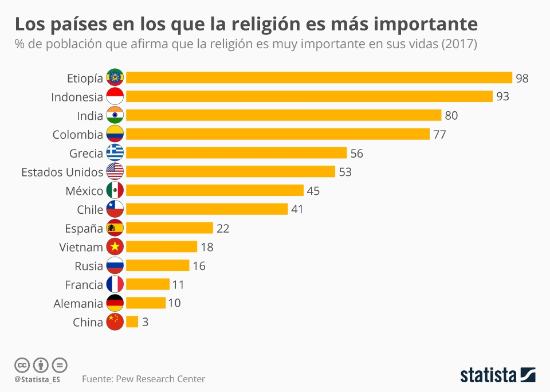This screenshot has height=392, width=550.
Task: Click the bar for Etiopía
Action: coord(319,78)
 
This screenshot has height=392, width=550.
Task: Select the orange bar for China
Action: coord(132,322)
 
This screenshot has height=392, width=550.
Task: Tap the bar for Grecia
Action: coord(236,153)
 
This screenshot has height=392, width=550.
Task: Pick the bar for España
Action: coord(169,228)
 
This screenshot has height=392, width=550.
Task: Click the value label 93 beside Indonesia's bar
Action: coord(502,97)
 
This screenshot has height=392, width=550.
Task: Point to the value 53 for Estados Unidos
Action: coord(345,172)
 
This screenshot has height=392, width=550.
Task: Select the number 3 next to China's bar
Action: coord(145,322)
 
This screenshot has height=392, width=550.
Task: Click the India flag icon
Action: coord(115,116)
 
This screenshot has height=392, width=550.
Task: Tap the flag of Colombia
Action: coord(115,135)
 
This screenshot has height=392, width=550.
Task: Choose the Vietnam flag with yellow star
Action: coord(115,247)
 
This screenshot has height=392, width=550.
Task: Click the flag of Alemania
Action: coord(115,303)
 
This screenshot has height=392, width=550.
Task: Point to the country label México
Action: coord(84,191)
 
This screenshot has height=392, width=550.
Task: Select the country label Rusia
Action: coord(89,266)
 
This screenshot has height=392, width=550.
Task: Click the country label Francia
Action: coord(84,285)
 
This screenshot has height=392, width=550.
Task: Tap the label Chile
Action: coord(90,210)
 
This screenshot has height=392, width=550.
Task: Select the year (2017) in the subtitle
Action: coord(459,44)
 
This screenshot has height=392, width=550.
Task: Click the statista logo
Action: coord(497,375)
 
